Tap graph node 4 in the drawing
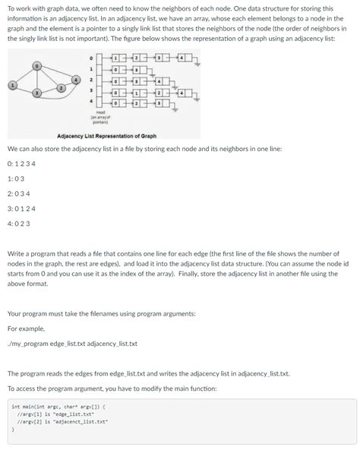[75, 79]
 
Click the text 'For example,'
[26, 329]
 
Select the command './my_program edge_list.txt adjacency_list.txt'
[72, 344]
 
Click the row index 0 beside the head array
[92, 57]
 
